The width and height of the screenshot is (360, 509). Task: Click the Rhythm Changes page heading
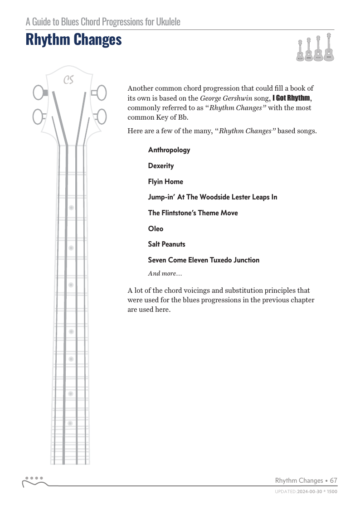73,40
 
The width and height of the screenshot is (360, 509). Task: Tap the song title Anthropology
169,150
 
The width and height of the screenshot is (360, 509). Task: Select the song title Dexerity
161,166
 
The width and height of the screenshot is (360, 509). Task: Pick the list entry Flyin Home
165,182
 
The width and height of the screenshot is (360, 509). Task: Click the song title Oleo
156,229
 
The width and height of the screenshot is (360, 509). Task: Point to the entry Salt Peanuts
166,244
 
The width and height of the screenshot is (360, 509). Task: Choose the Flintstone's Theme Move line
193,213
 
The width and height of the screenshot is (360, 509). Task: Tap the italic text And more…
165,274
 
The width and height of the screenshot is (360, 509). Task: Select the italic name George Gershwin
226,98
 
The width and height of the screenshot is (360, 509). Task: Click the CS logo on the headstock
68,80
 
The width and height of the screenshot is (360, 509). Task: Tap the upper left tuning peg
38,93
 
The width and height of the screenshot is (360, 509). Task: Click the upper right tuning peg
101,93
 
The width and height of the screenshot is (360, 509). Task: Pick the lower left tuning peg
38,117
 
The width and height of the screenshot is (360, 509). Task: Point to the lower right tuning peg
101,117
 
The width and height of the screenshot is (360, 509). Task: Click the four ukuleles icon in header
314,48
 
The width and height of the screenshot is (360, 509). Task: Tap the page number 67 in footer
334,480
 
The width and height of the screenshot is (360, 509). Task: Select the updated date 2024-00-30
311,491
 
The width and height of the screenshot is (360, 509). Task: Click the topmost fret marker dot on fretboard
71,208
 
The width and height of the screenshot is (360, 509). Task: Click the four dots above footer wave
34,478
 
